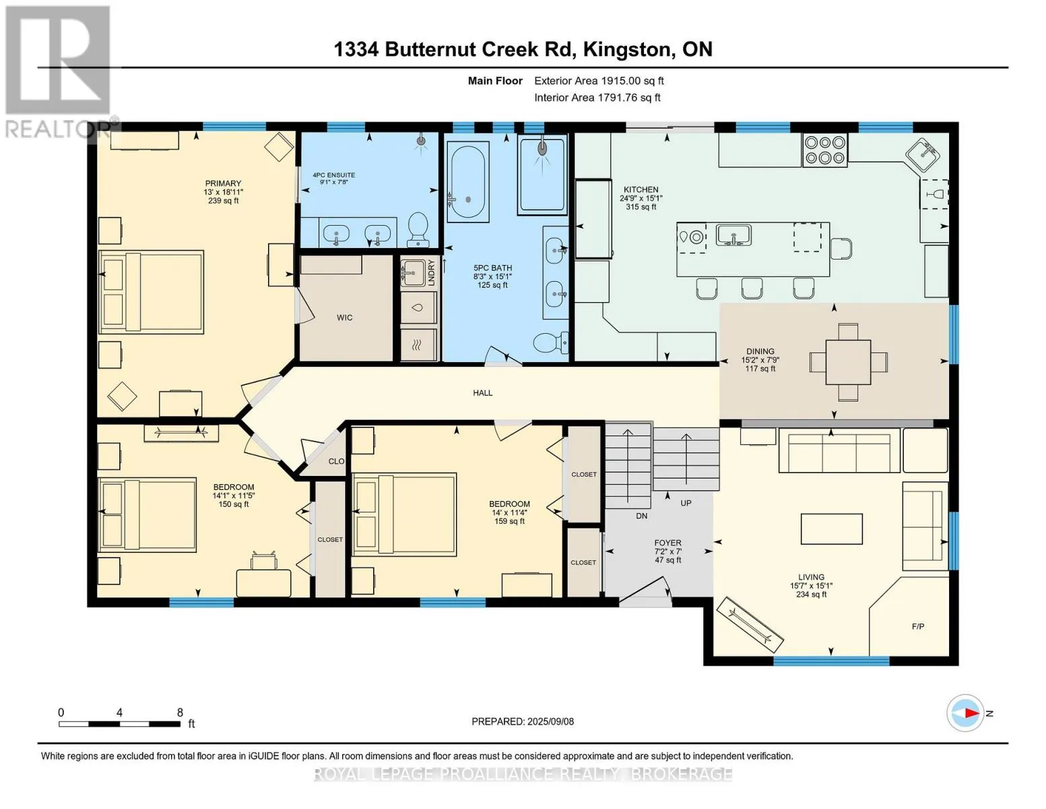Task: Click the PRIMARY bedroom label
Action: tap(223, 183)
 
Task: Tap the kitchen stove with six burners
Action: tap(824, 150)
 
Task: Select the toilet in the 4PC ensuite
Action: tap(418, 229)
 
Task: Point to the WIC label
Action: tap(345, 318)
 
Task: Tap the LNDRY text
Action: tap(431, 273)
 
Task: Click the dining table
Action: tap(848, 362)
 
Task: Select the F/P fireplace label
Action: tap(918, 626)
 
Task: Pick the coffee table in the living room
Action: tap(831, 529)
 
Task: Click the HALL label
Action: tap(482, 392)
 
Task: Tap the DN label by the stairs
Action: tap(642, 516)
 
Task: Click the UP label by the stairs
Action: tap(686, 503)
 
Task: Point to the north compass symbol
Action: tap(965, 713)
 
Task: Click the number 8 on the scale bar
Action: tap(180, 713)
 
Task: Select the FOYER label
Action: tap(667, 543)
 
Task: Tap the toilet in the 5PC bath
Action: tap(551, 342)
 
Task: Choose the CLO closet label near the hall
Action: tap(337, 461)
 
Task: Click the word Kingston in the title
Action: tap(626, 49)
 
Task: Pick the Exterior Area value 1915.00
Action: tap(616, 81)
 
